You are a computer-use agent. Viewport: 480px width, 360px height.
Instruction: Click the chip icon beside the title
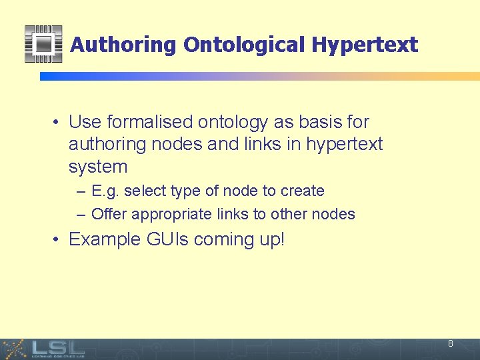coord(43,44)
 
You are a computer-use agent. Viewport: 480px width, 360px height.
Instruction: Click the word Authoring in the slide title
coord(123,45)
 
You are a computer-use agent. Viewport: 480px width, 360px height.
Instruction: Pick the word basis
coord(316,122)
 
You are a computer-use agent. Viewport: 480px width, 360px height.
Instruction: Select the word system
coord(97,167)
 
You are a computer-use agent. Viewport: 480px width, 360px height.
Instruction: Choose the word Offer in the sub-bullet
coord(109,214)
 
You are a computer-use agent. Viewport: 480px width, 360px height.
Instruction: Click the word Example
coord(104,239)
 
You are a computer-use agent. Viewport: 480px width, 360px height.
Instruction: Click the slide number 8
coord(451,344)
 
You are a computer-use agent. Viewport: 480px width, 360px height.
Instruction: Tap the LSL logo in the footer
coord(57,348)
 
